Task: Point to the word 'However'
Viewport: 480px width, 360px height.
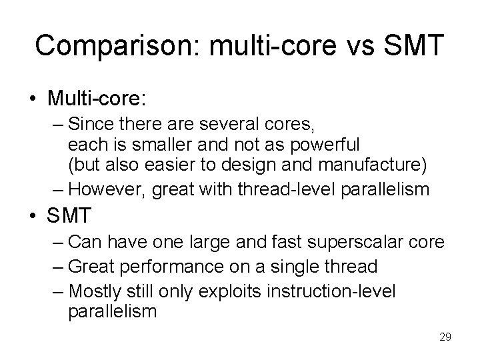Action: point(107,190)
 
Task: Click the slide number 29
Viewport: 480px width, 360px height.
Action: point(445,337)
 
